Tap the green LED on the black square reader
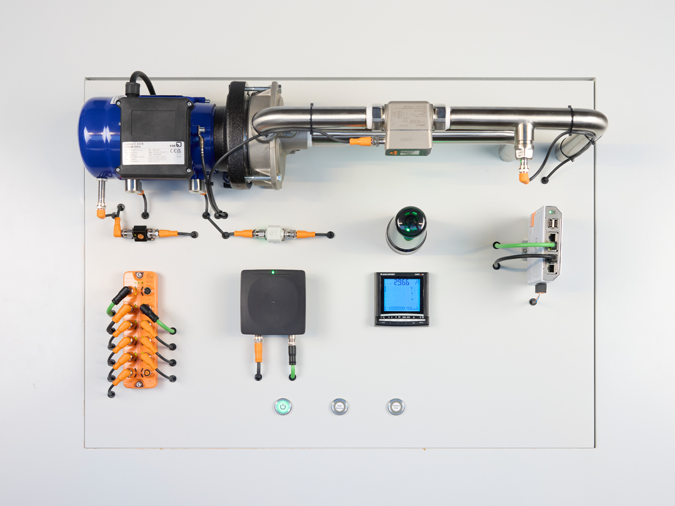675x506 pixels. [273, 272]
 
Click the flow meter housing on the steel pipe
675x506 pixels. [407, 127]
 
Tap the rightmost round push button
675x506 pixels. [396, 407]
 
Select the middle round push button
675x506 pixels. [339, 407]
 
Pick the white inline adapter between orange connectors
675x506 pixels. [273, 234]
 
